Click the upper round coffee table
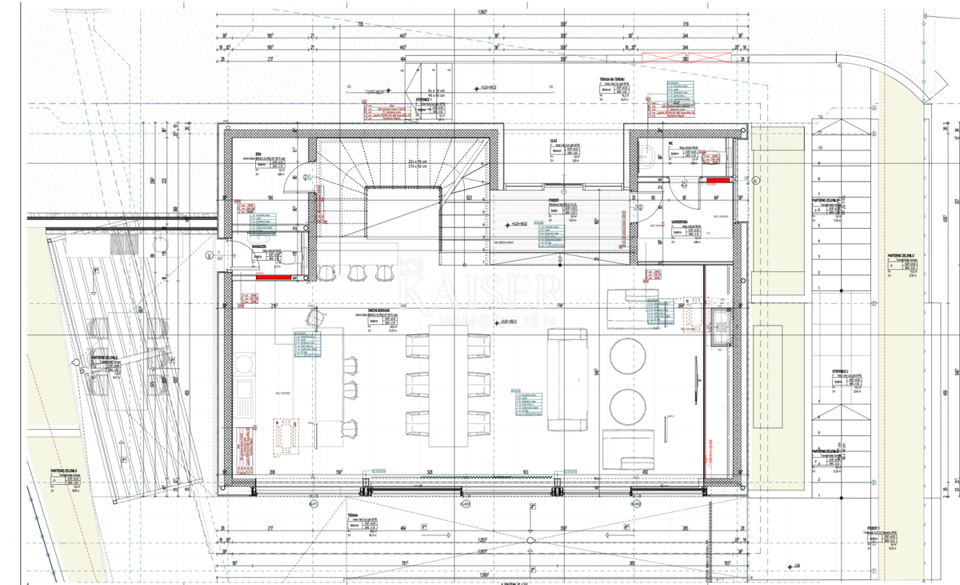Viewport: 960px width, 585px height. tap(628, 354)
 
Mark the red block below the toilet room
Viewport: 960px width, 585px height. tap(272, 277)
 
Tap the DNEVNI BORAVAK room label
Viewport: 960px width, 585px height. tap(376, 312)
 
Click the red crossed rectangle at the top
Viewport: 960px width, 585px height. tap(688, 58)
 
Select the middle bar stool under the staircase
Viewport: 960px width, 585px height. tap(357, 274)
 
